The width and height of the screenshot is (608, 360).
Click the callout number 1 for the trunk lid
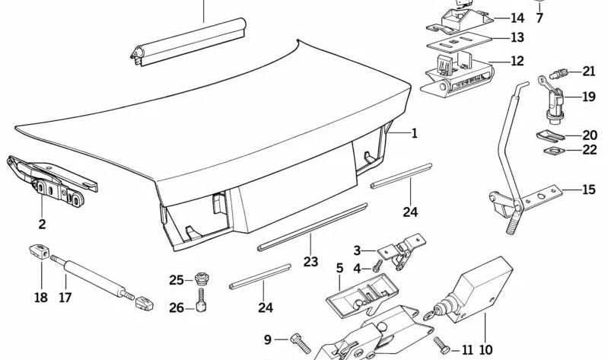(x=415, y=134)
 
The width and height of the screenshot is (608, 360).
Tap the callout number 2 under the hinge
(x=42, y=224)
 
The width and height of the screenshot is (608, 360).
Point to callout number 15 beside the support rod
(x=588, y=190)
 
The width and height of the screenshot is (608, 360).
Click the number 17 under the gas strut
(x=65, y=298)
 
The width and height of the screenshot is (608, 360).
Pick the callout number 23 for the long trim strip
(x=310, y=261)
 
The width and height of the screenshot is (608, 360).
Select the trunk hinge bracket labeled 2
(x=53, y=183)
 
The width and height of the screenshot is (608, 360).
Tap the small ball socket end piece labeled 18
(x=40, y=250)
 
